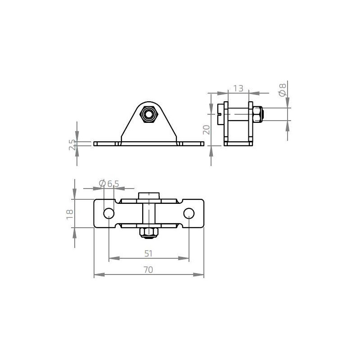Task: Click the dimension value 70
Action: pos(148,270)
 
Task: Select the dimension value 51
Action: pos(148,253)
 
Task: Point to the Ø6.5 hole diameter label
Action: pos(109,183)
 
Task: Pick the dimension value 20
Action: pos(207,130)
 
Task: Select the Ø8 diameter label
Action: pos(282,90)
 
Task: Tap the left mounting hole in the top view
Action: pos(109,213)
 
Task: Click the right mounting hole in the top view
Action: pos(189,213)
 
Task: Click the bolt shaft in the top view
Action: pos(148,213)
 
